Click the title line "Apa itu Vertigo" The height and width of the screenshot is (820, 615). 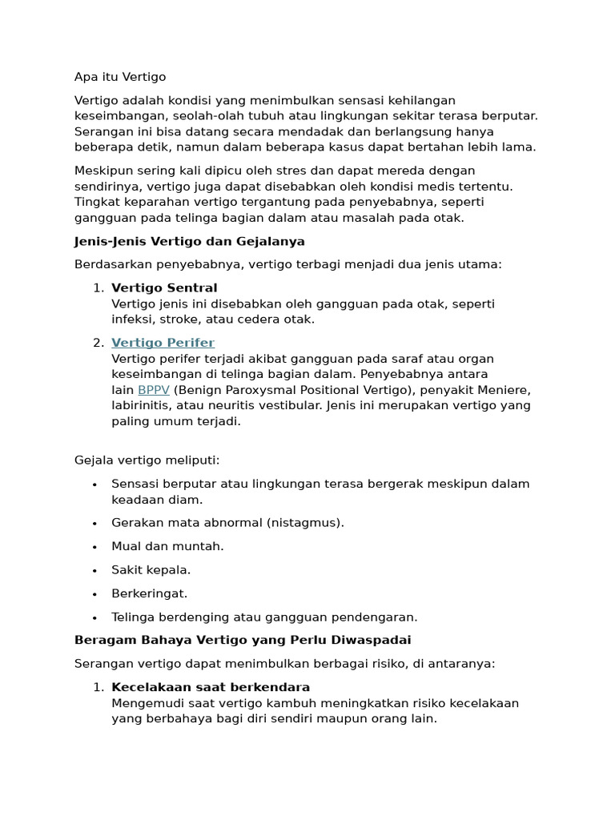[x=120, y=77]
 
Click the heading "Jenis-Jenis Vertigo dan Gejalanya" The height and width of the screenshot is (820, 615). [x=189, y=241]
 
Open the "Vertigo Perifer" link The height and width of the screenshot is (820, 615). [x=163, y=343]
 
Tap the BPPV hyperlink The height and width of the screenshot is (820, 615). [x=153, y=390]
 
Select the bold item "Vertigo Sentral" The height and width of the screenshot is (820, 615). [x=164, y=287]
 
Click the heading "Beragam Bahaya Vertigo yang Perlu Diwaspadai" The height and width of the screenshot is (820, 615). [x=242, y=640]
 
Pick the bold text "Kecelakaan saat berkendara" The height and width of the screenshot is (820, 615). [x=211, y=687]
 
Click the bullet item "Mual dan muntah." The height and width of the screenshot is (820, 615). [x=167, y=546]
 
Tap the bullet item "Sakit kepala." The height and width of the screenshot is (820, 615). [x=151, y=570]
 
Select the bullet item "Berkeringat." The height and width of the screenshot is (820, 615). [x=149, y=593]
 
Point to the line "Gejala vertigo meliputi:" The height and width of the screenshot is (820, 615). [x=147, y=460]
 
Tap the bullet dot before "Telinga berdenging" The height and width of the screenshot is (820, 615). [x=94, y=617]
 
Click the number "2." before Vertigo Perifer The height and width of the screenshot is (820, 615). [x=98, y=343]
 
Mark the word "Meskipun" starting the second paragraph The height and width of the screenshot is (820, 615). [x=103, y=171]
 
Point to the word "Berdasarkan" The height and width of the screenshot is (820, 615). [x=111, y=264]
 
